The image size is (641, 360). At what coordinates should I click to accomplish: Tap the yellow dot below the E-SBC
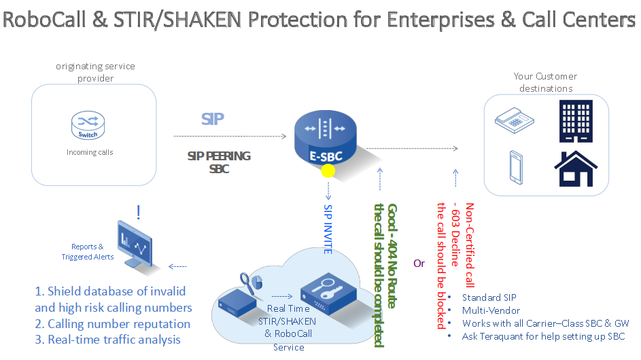tap(328, 171)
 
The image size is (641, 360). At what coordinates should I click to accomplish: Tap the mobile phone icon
tap(515, 168)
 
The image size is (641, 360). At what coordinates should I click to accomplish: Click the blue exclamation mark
tap(139, 213)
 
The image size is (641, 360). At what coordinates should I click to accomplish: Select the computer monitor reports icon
tap(137, 240)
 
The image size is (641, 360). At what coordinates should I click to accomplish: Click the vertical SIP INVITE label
tap(328, 228)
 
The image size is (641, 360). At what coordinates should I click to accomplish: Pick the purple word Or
tap(419, 263)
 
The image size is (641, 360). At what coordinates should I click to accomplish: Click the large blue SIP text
tap(213, 120)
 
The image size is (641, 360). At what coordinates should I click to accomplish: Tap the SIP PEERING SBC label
tap(219, 162)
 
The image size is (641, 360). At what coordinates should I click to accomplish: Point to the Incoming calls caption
tap(90, 152)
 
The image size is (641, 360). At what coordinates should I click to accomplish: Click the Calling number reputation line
tap(112, 324)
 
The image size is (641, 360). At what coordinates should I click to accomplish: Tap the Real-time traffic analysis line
tap(107, 340)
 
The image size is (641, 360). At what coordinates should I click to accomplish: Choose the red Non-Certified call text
tap(469, 245)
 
